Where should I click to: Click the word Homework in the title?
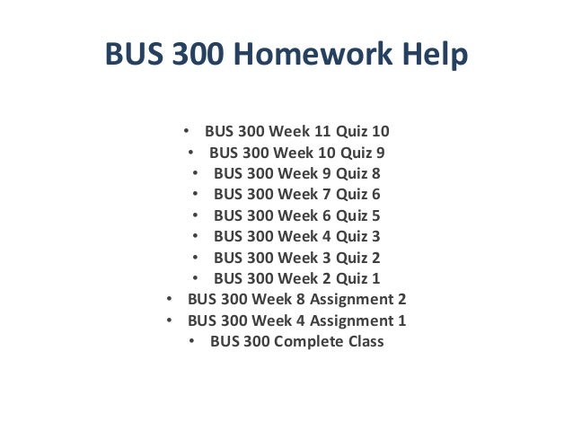click(323, 55)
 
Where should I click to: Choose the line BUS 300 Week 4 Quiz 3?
click(296, 236)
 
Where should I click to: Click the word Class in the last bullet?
click(364, 341)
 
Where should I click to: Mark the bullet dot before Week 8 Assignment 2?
click(172, 299)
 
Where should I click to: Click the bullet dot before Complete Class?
click(194, 341)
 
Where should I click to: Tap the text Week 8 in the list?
click(278, 299)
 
